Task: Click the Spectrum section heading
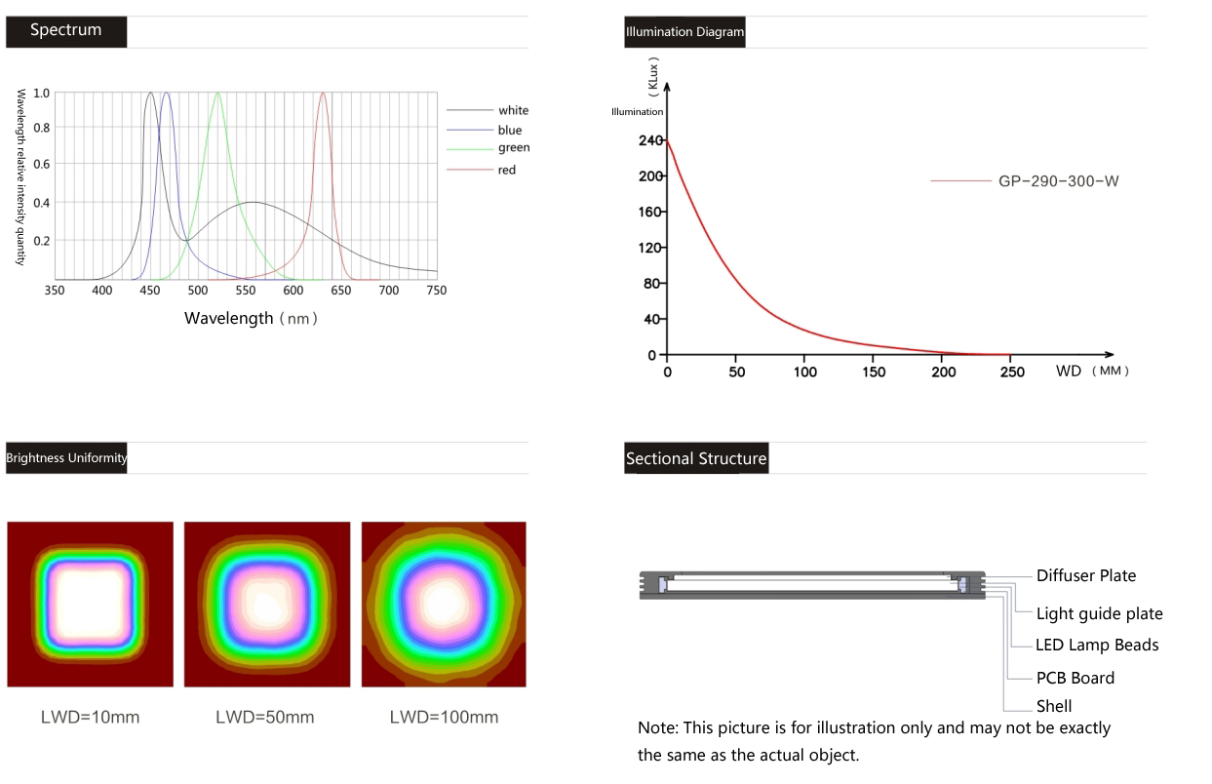click(x=65, y=30)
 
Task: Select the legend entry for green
click(x=513, y=148)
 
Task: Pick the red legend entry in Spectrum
click(x=506, y=171)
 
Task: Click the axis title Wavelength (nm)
click(x=251, y=319)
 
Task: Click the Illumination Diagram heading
click(x=684, y=32)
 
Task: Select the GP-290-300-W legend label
click(x=1058, y=181)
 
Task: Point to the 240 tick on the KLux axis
click(x=651, y=140)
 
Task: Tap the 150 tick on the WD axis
click(x=875, y=372)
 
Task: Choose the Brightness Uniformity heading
click(x=66, y=458)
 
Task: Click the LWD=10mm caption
click(x=90, y=718)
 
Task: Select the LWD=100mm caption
click(x=444, y=718)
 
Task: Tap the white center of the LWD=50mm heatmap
click(x=265, y=605)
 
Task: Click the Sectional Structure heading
click(x=696, y=459)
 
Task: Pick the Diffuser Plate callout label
click(x=1085, y=576)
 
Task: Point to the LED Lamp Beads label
click(x=1097, y=646)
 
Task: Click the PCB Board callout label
click(x=1075, y=679)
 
